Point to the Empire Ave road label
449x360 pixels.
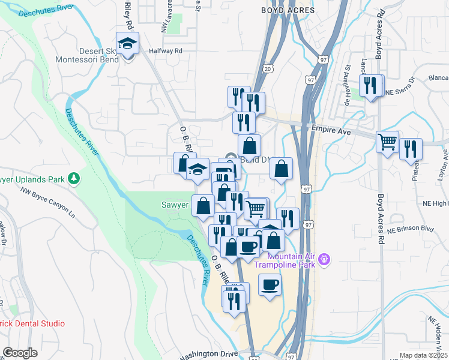click(331, 128)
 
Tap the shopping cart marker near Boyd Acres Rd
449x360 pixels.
click(388, 143)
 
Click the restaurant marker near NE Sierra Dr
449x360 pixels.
click(372, 85)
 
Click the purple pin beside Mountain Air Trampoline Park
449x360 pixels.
click(325, 259)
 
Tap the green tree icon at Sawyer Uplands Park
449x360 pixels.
click(74, 178)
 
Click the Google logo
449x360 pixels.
click(20, 352)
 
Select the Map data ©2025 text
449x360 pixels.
click(423, 356)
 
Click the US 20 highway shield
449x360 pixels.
click(267, 69)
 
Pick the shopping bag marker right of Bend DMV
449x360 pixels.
click(281, 169)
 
